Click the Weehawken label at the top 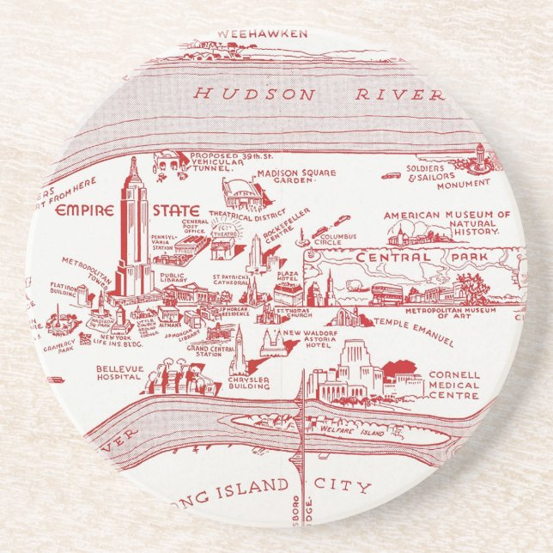click(250, 33)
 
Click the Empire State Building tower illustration click(134, 228)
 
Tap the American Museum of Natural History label click(447, 223)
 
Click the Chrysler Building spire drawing click(239, 348)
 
